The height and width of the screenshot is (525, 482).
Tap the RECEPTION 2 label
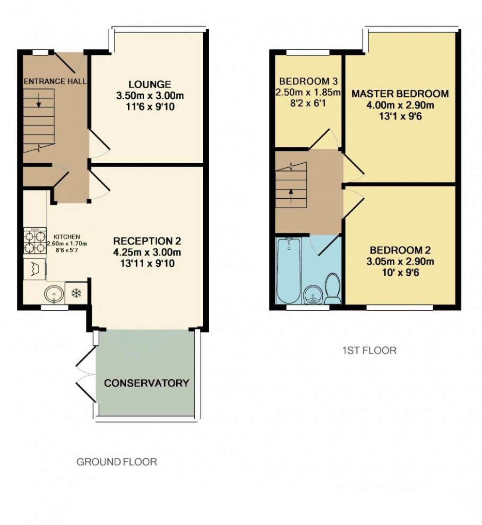click(x=146, y=240)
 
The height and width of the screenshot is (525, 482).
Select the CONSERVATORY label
click(x=146, y=383)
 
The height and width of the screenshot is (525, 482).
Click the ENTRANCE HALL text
click(x=55, y=81)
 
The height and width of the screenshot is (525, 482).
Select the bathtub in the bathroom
click(x=287, y=272)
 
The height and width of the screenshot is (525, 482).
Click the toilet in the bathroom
click(x=333, y=289)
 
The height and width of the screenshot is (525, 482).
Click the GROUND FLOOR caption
click(x=117, y=462)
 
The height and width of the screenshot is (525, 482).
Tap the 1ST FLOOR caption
click(x=369, y=350)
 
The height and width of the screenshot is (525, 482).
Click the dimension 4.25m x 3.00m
click(x=147, y=252)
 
